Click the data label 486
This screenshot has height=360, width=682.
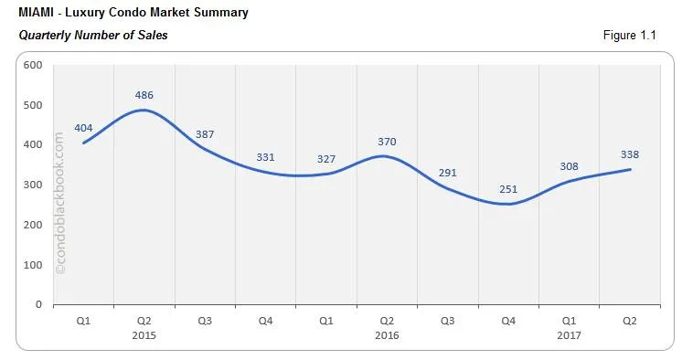coord(144,95)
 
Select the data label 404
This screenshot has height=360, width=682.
coord(84,128)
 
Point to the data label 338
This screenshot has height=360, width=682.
coord(630,154)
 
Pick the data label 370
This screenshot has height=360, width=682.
coord(388,142)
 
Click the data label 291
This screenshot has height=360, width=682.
coord(447,173)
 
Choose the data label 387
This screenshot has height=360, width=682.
coord(205,134)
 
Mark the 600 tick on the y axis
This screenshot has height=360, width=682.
coord(34,65)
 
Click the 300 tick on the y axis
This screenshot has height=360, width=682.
coord(34,185)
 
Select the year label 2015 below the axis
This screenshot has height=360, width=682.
coord(144,334)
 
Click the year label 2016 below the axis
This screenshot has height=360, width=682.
coord(387,334)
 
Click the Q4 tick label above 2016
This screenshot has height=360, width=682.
coord(508,321)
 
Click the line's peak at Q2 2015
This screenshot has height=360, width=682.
coord(144,111)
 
